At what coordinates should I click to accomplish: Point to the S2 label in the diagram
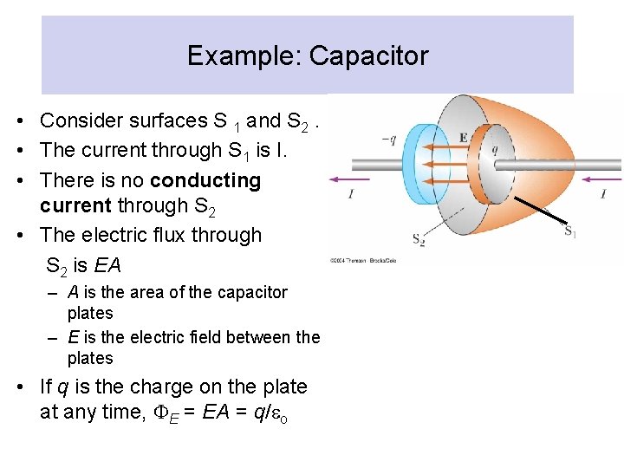(x=418, y=238)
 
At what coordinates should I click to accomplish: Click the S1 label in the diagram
(x=570, y=231)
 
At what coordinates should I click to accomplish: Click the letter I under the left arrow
(x=350, y=194)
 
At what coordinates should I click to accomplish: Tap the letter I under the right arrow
(x=603, y=194)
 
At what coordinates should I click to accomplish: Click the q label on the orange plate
(x=495, y=148)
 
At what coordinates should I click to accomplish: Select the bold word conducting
(x=205, y=180)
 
